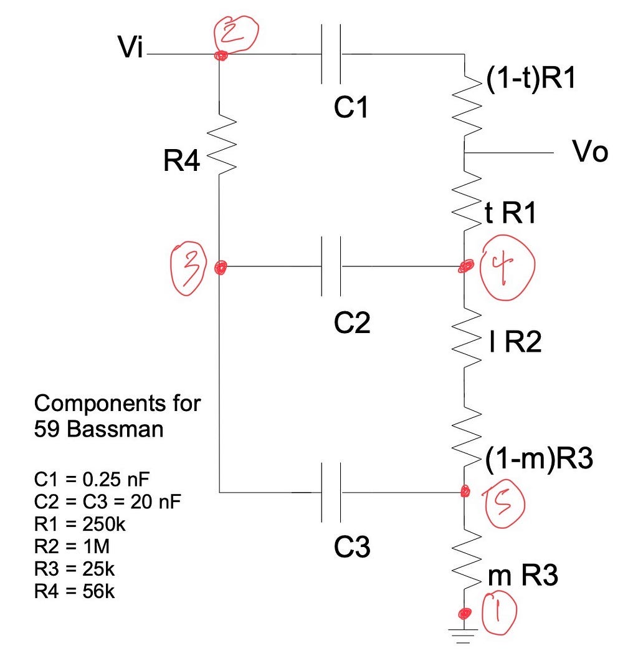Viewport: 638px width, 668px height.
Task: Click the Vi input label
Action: [x=130, y=46]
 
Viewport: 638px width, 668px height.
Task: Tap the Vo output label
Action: [x=590, y=151]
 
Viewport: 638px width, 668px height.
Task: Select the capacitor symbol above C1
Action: [x=331, y=54]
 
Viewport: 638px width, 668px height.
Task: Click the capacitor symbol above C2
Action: [x=331, y=266]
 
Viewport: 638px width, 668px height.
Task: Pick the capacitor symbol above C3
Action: [x=331, y=493]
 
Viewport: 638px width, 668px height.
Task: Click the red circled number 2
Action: [x=236, y=34]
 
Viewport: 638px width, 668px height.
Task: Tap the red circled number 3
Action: [x=188, y=269]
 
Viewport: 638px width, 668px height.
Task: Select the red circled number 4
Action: [x=507, y=267]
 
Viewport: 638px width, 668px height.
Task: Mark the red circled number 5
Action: [x=504, y=503]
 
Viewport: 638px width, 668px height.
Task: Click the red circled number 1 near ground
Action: [x=499, y=612]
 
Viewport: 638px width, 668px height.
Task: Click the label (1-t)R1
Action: [x=530, y=78]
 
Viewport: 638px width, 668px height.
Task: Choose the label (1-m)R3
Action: [x=539, y=459]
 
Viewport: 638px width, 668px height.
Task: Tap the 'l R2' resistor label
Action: [x=515, y=342]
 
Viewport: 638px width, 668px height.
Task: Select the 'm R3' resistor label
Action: [x=523, y=575]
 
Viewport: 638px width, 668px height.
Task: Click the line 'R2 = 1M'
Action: [x=72, y=546]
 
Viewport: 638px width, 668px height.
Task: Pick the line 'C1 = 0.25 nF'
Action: [x=92, y=479]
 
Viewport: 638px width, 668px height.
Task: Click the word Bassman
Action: [x=115, y=428]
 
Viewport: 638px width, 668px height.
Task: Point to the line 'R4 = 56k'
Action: [x=75, y=591]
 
